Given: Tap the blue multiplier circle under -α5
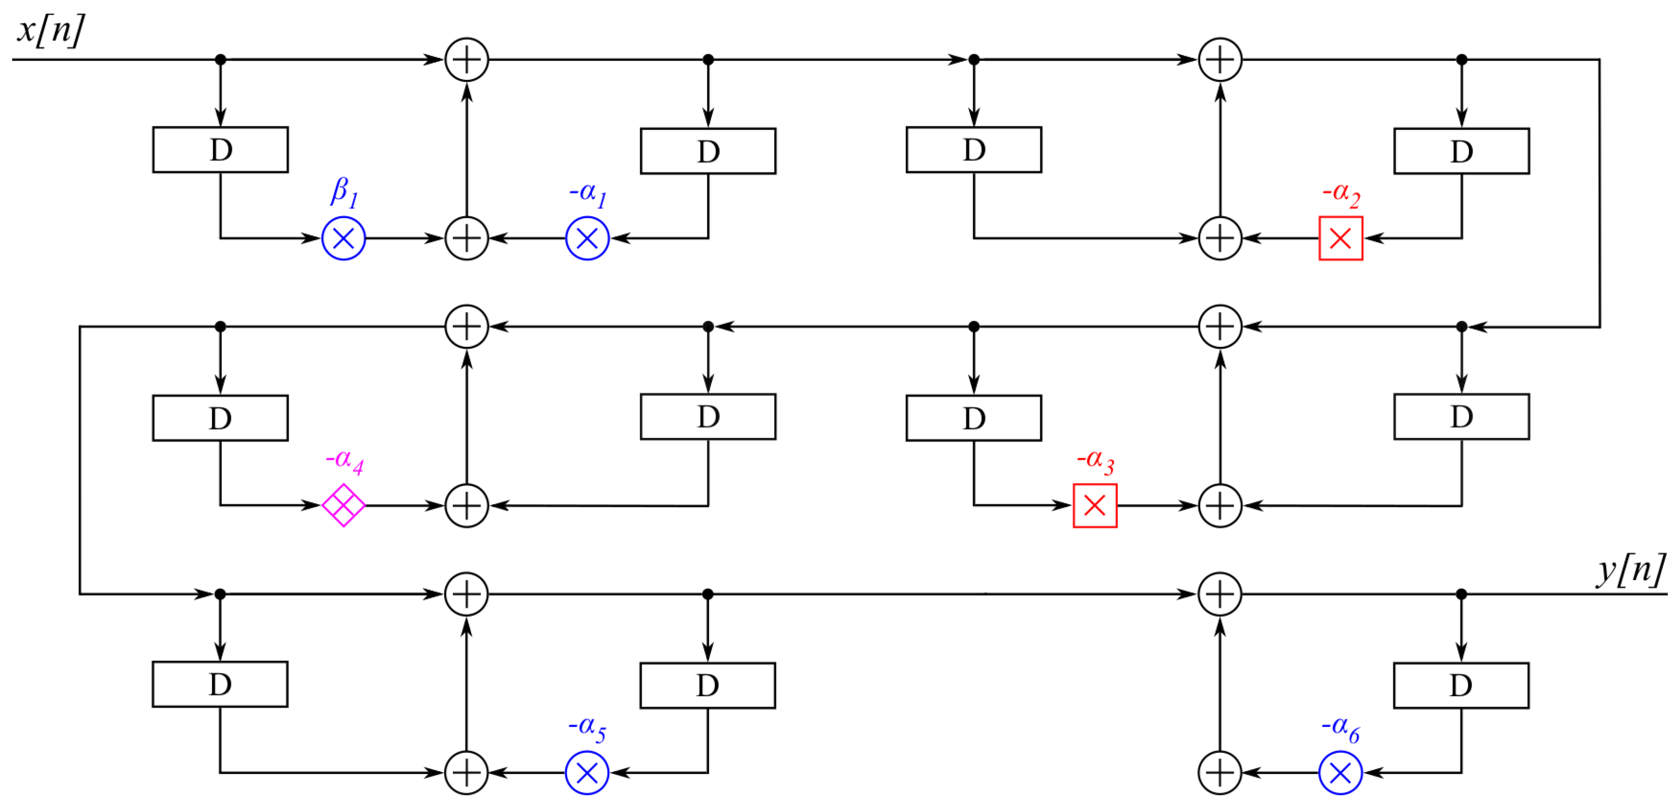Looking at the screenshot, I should click(x=587, y=773).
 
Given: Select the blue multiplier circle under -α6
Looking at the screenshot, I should click(x=1340, y=773).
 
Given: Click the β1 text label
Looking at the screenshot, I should click(x=344, y=192).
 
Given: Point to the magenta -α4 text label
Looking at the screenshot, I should click(x=344, y=461).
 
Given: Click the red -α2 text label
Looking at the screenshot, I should click(x=1341, y=194).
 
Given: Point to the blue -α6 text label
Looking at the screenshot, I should click(x=1340, y=728).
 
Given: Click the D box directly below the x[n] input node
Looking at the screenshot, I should click(x=221, y=150).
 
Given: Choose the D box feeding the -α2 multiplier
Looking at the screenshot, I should click(x=1461, y=151).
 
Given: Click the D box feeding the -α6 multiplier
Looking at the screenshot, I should click(x=1461, y=685).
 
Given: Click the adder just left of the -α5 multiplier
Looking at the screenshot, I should click(x=467, y=773).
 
